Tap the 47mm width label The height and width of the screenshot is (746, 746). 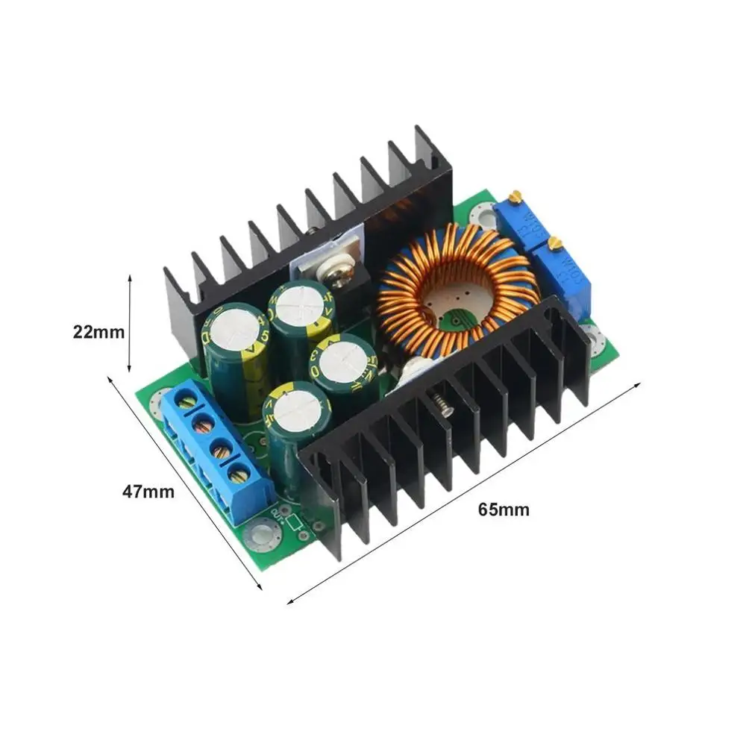[148, 492]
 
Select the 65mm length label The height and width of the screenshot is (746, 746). [504, 510]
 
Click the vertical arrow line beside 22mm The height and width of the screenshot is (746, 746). [131, 323]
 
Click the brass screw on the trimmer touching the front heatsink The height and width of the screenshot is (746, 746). [554, 242]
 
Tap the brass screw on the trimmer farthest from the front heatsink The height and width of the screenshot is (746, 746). [513, 197]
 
